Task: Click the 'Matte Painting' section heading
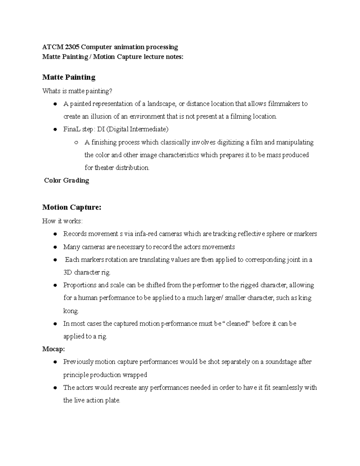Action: point(69,77)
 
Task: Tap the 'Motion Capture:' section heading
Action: point(72,207)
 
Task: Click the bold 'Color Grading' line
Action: point(67,181)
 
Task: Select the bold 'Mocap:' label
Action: point(53,349)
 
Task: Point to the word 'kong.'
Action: point(71,311)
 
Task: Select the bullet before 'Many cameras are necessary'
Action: point(55,247)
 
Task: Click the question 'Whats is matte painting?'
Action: point(78,91)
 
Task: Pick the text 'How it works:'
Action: point(62,221)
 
